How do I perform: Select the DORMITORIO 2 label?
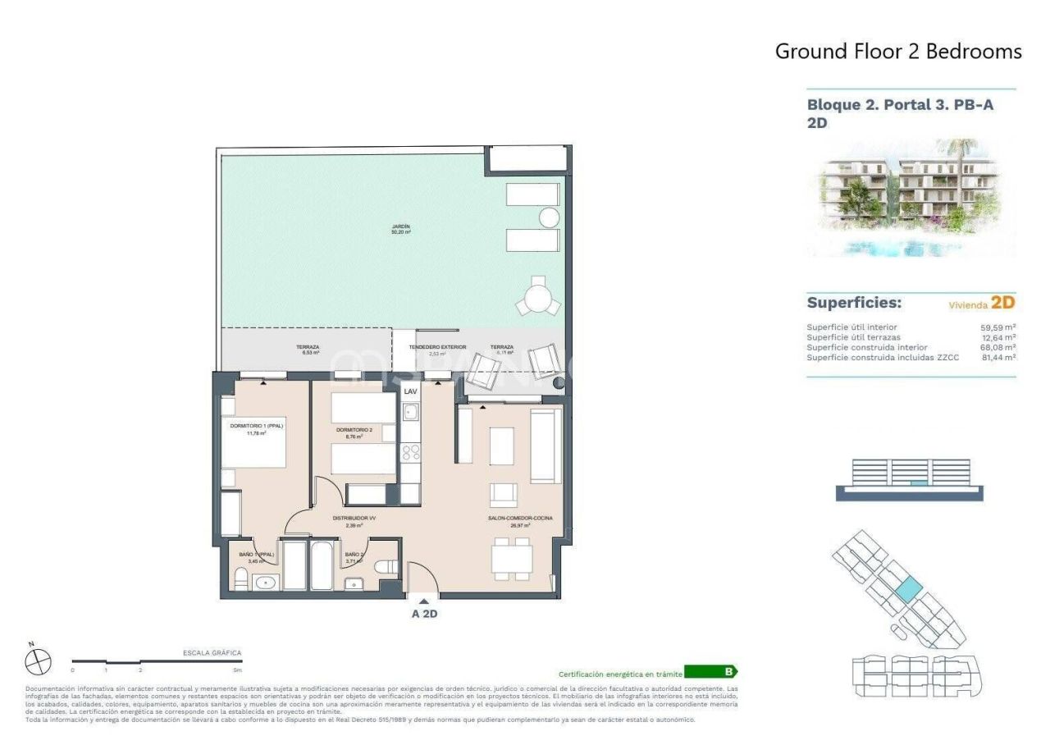[354, 430]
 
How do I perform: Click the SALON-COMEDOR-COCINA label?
[515, 519]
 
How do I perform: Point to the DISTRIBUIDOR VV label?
[354, 519]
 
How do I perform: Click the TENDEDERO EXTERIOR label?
[437, 347]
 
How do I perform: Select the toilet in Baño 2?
[386, 567]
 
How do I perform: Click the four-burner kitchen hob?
[410, 452]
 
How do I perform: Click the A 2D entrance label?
[424, 613]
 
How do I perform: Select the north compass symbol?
[39, 661]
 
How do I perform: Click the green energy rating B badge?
[710, 672]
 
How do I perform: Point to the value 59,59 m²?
[997, 327]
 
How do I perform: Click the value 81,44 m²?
[997, 358]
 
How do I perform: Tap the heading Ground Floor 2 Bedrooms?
[898, 52]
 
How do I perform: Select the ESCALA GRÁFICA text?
[212, 653]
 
